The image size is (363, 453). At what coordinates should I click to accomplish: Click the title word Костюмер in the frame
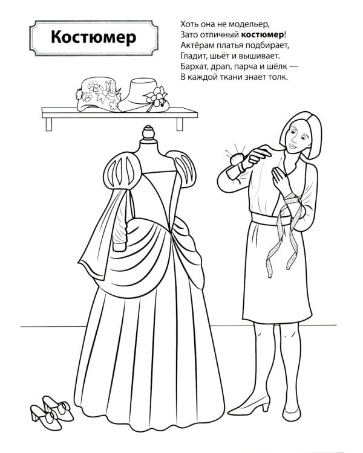(94, 37)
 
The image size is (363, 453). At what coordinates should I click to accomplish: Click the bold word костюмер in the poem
(262, 34)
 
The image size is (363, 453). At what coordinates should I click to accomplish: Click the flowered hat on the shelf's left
(97, 94)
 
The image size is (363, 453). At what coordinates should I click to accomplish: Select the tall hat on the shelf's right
(143, 95)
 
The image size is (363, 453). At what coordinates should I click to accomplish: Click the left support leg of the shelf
(48, 124)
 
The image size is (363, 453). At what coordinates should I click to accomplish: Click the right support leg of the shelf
(180, 124)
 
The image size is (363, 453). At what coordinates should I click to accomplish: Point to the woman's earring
(310, 144)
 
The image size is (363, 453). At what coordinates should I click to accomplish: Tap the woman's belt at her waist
(271, 219)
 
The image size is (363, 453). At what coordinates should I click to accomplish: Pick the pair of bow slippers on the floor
(52, 412)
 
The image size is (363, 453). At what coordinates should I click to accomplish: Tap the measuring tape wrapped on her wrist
(292, 200)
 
